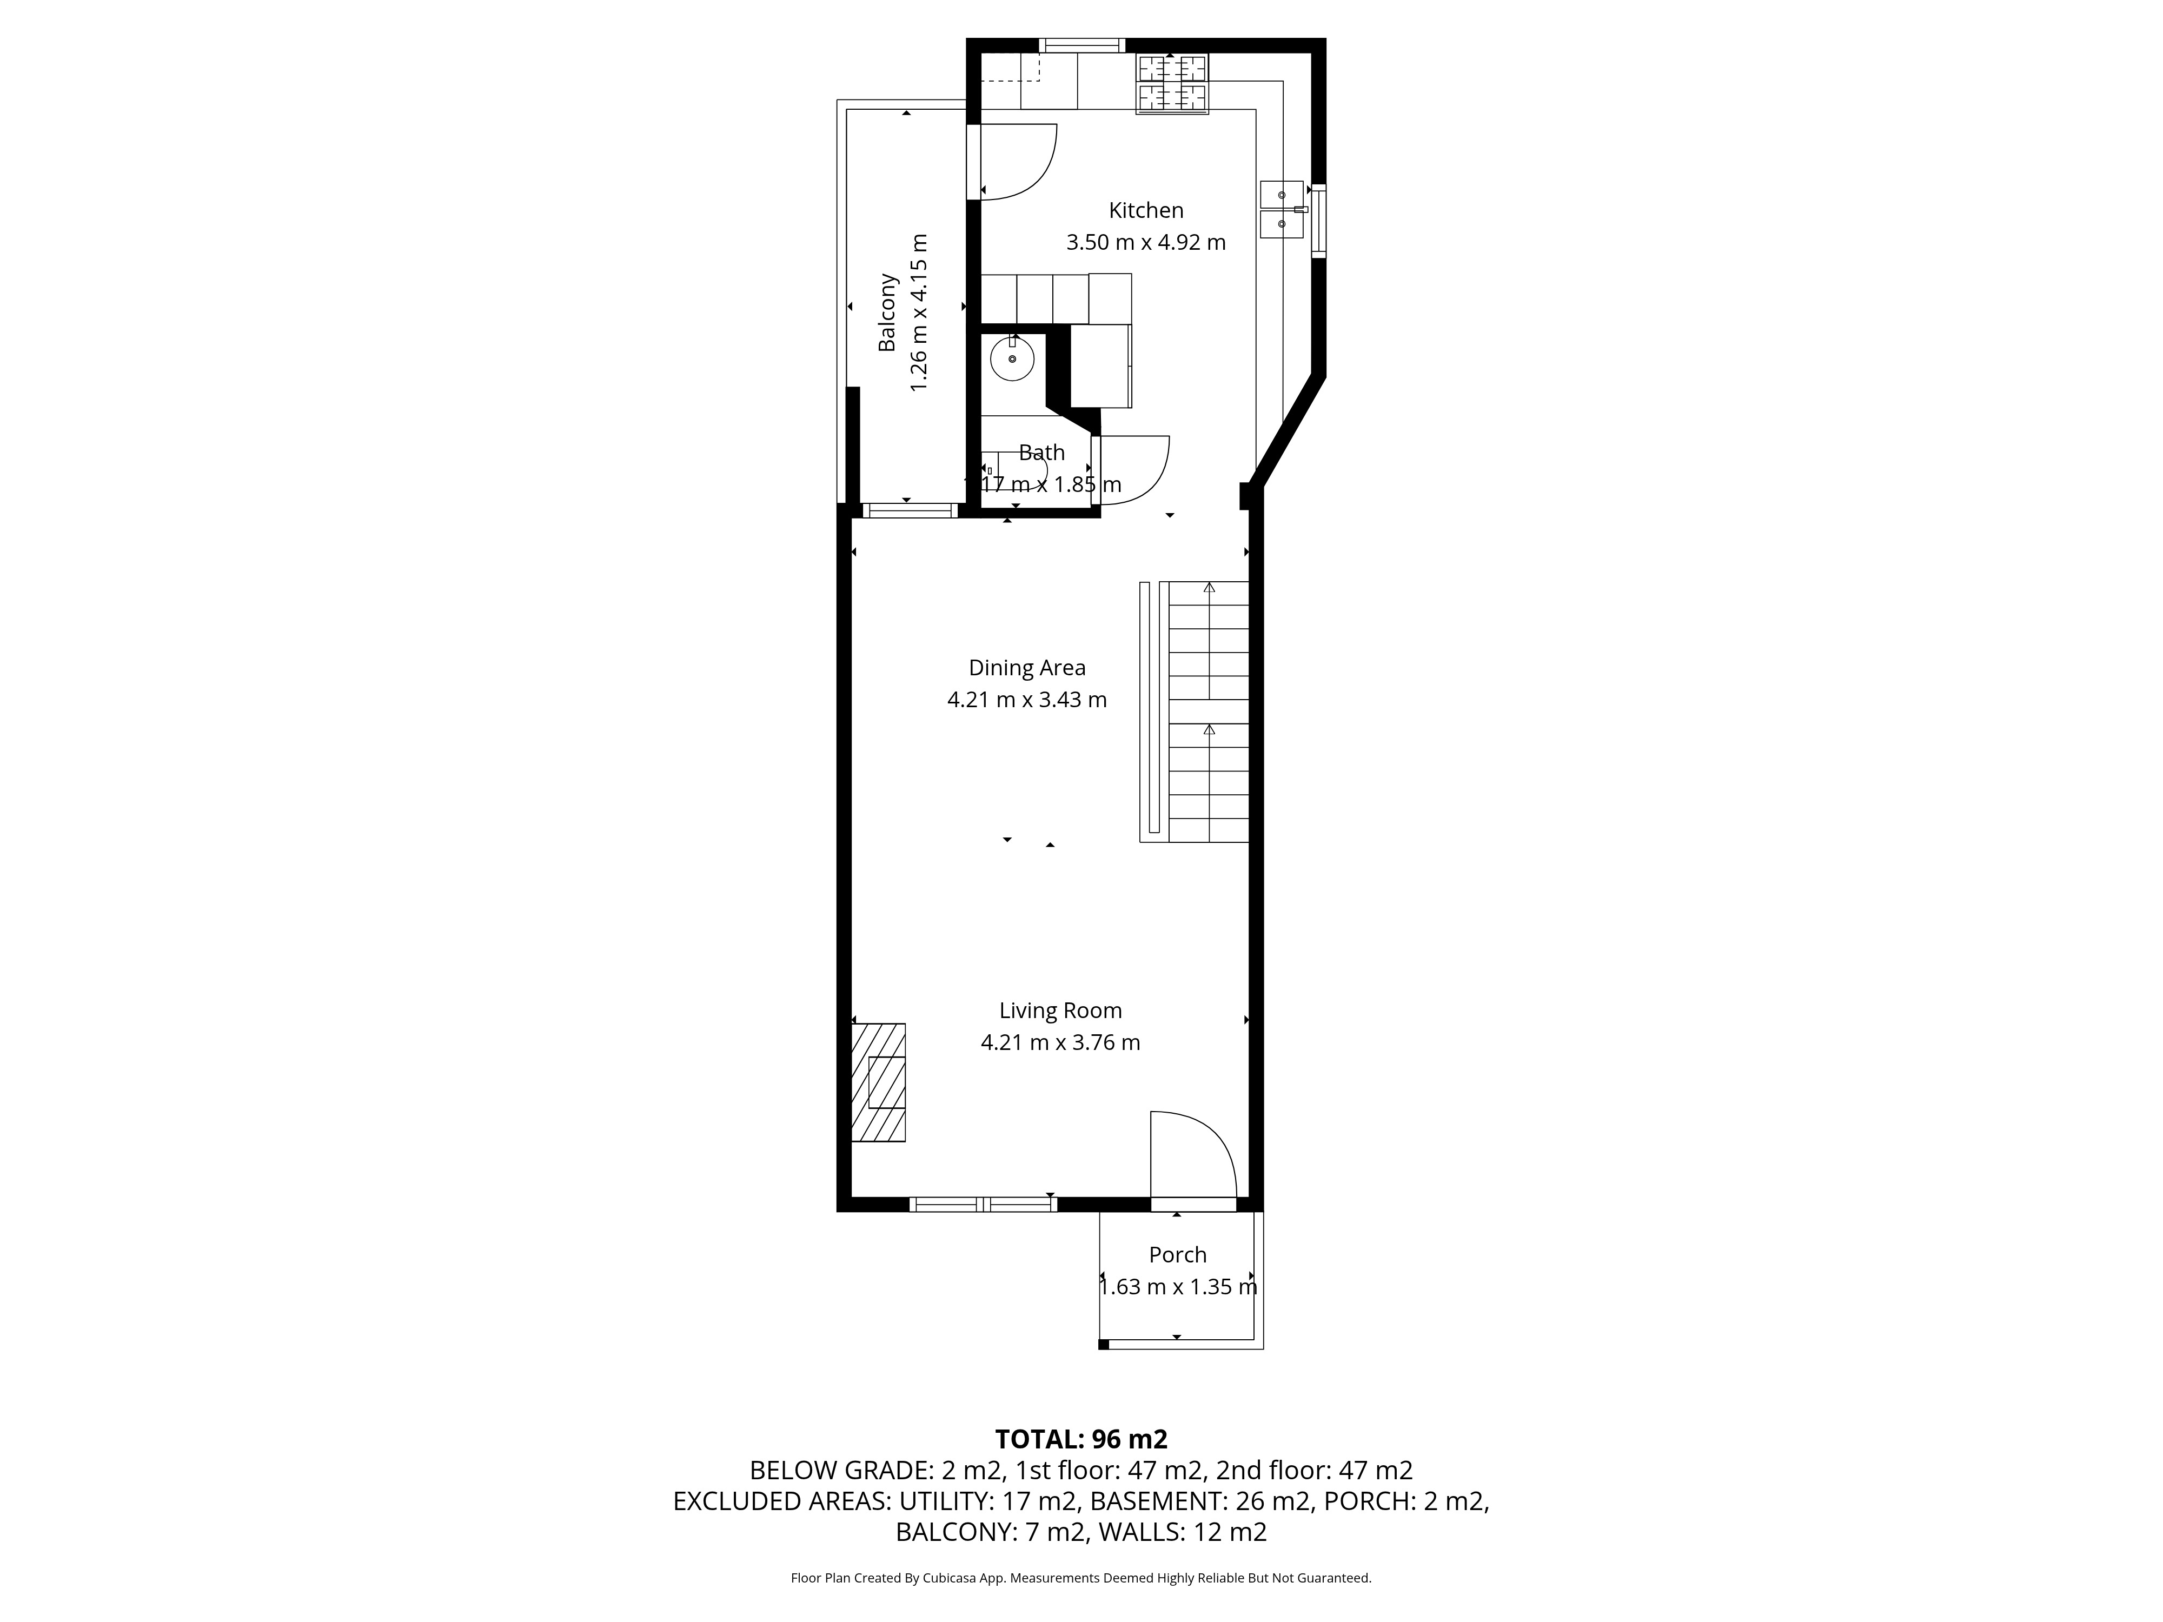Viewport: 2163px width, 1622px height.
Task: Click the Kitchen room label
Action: click(1146, 210)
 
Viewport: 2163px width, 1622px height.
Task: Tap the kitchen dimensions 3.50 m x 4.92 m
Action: click(1146, 242)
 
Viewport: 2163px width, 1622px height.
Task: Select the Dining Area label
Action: click(1027, 668)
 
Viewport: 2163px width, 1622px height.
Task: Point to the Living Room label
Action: click(1060, 1011)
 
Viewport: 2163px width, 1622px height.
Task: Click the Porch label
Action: click(1177, 1254)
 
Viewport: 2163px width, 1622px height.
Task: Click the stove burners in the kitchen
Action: click(1171, 84)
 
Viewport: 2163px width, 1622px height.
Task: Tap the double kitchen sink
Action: click(1282, 209)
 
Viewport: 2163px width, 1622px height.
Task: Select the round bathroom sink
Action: click(1013, 359)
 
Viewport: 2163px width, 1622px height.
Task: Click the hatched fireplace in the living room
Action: click(878, 1082)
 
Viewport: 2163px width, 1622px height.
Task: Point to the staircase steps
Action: click(1209, 712)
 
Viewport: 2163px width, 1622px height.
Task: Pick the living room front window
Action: click(983, 1205)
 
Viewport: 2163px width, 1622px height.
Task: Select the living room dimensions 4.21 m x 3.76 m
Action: click(1060, 1042)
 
